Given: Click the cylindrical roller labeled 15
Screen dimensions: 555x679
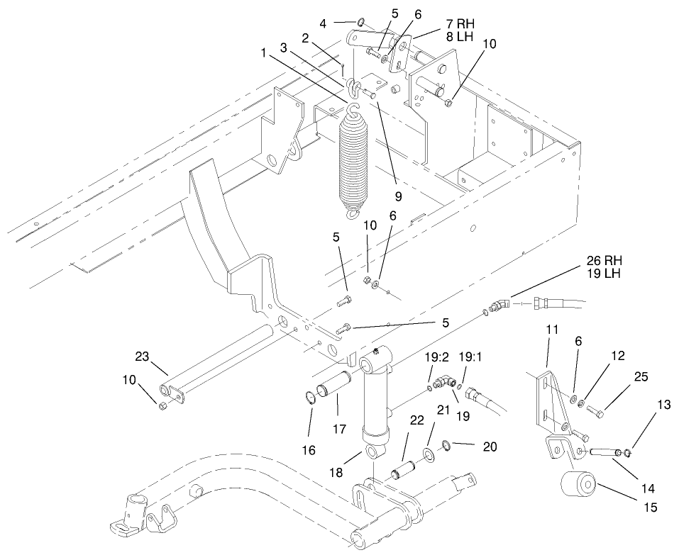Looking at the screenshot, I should click(x=578, y=486).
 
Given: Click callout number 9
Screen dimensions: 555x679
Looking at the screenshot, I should click(x=399, y=196).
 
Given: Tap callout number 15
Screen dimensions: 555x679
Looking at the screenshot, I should click(x=650, y=508).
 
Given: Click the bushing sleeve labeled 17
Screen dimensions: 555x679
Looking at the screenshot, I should click(x=333, y=389).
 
